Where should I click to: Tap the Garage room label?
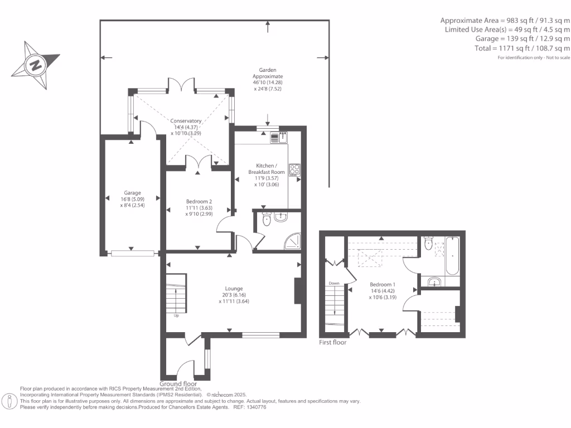pyautogui.click(x=132, y=193)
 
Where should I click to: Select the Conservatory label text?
pyautogui.click(x=186, y=121)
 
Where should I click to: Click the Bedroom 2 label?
pyautogui.click(x=199, y=202)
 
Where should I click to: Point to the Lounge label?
pyautogui.click(x=234, y=289)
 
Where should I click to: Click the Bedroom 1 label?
pyautogui.click(x=383, y=285)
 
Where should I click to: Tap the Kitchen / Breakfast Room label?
pyautogui.click(x=267, y=169)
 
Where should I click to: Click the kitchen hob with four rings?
pyautogui.click(x=294, y=170)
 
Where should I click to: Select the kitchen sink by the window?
pyautogui.click(x=279, y=138)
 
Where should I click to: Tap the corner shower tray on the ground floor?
pyautogui.click(x=293, y=241)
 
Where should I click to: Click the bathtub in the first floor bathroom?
pyautogui.click(x=453, y=256)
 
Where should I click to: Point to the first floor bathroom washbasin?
pyautogui.click(x=434, y=281)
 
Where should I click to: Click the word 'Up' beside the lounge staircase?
pyautogui.click(x=176, y=315)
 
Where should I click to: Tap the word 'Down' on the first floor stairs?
pyautogui.click(x=334, y=283)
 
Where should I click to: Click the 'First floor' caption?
pyautogui.click(x=332, y=343)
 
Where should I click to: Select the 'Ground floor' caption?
pyautogui.click(x=178, y=384)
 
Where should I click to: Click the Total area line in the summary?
pyautogui.click(x=522, y=48)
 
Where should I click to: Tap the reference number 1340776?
pyautogui.click(x=257, y=407)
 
